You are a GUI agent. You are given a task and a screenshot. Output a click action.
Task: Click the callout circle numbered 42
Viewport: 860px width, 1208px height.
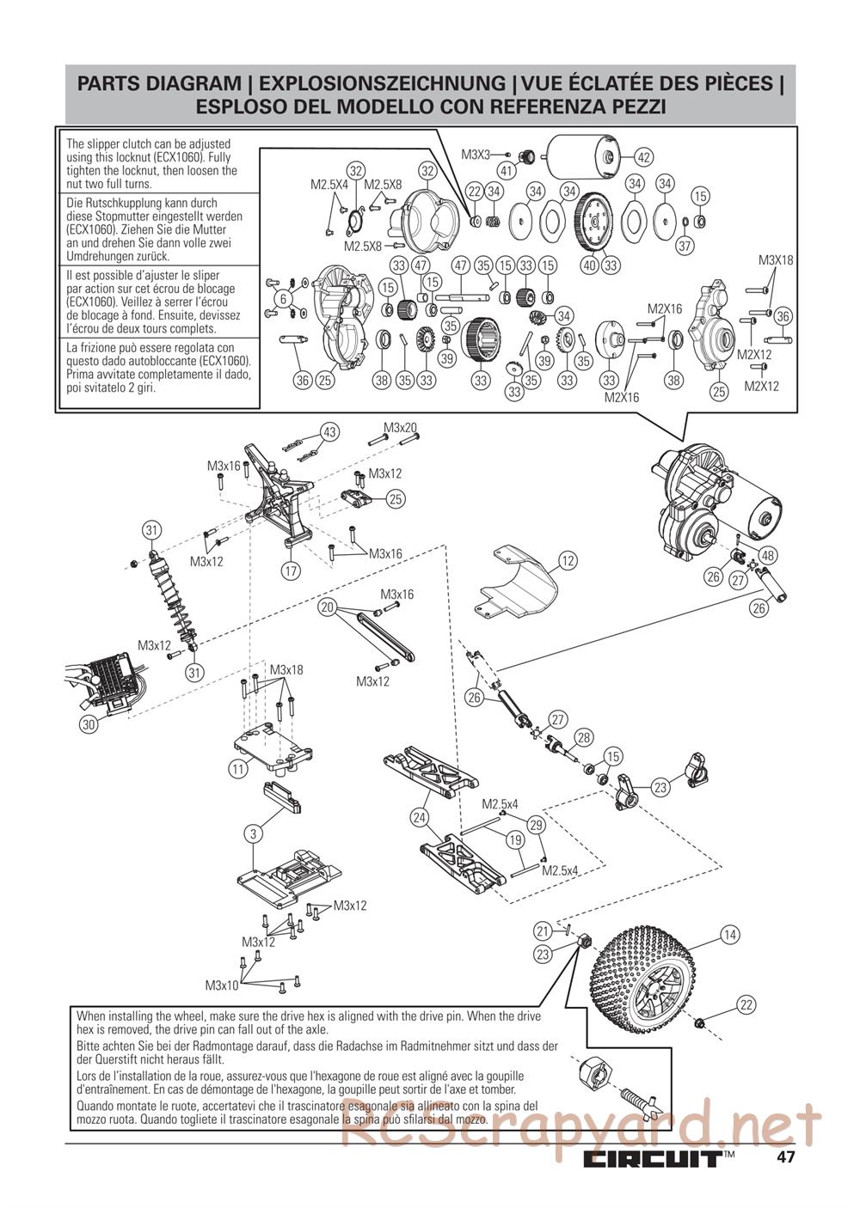click(644, 156)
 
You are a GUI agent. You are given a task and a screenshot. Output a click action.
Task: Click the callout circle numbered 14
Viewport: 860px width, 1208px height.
click(730, 935)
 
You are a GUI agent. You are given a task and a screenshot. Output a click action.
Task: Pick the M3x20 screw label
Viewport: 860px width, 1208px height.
click(400, 428)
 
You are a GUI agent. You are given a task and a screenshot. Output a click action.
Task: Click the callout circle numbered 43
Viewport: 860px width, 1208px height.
click(329, 431)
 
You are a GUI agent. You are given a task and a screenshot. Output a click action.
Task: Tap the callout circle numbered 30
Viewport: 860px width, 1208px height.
click(89, 724)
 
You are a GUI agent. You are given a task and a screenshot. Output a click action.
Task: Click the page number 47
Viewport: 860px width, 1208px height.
click(784, 1156)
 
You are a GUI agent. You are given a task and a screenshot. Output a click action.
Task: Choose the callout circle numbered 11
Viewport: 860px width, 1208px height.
click(238, 769)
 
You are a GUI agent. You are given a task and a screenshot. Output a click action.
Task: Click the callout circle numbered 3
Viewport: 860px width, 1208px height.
click(253, 833)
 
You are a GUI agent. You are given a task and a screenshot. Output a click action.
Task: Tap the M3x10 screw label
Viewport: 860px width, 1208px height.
click(222, 985)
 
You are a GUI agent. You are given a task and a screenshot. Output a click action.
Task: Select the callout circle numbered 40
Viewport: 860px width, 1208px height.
click(589, 265)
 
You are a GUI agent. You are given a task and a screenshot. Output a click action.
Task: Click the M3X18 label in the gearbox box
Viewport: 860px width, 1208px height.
click(776, 260)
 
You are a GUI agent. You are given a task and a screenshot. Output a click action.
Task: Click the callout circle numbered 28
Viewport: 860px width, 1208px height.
click(584, 736)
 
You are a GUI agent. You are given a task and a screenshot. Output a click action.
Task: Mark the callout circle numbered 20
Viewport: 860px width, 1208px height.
click(327, 607)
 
